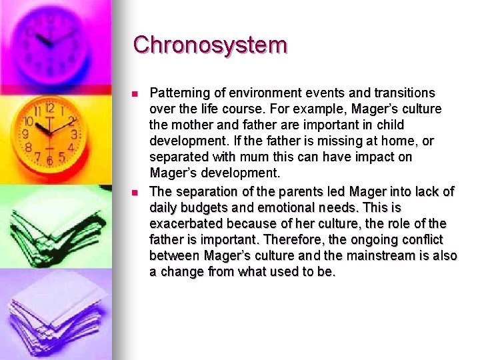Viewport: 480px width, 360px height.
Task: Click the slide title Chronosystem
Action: point(210,45)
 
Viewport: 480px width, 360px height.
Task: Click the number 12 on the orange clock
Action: point(49,107)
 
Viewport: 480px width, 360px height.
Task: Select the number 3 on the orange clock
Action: point(74,134)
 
